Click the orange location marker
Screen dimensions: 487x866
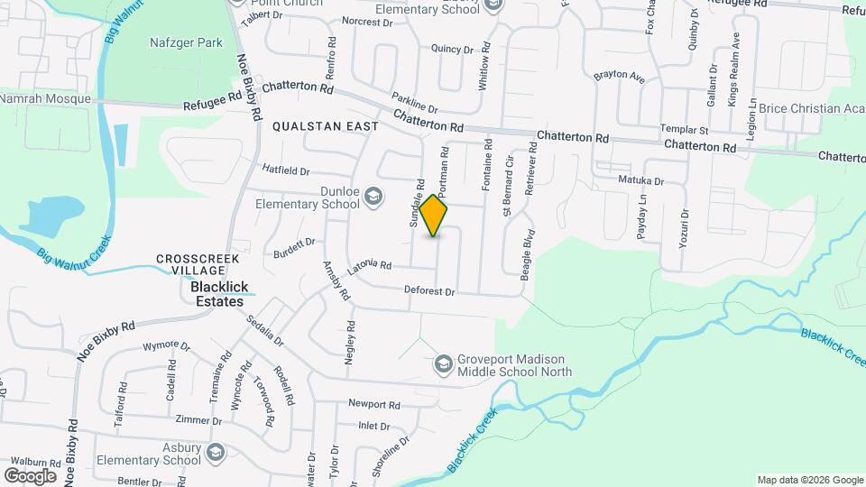point(435,216)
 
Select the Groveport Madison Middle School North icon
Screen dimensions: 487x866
point(443,364)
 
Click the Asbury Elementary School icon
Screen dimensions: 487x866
point(215,453)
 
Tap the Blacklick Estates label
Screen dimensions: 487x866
point(217,295)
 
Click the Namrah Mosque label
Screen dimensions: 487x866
point(45,98)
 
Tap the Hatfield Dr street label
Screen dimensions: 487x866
point(285,170)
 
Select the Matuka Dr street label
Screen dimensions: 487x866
point(640,180)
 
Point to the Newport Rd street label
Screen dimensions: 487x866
point(373,405)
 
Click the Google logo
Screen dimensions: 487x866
point(30,475)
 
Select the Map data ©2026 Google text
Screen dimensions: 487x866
point(809,480)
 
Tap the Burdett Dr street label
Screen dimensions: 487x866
point(295,243)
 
